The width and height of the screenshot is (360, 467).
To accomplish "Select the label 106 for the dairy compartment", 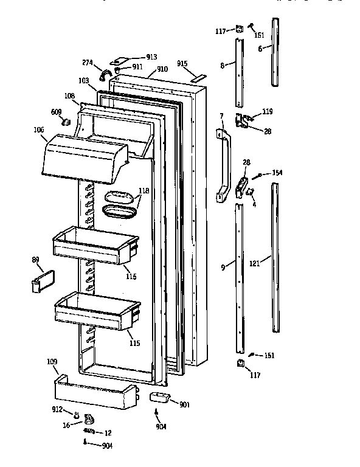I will (40, 129).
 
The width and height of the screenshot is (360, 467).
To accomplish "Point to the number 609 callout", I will (56, 111).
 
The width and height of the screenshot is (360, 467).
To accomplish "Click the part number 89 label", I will (36, 260).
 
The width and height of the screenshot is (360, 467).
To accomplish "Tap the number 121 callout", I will (254, 264).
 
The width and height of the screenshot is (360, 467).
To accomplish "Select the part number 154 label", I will (278, 173).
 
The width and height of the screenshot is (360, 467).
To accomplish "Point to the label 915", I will (182, 64).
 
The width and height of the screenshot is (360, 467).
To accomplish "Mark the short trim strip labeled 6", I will (276, 52).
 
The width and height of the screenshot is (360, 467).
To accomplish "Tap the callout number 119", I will (267, 112).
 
